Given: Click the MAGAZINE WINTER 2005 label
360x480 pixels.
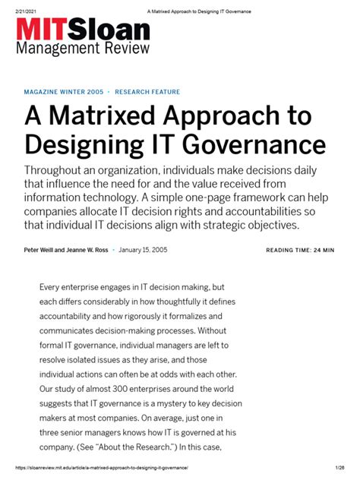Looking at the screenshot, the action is [64, 92].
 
